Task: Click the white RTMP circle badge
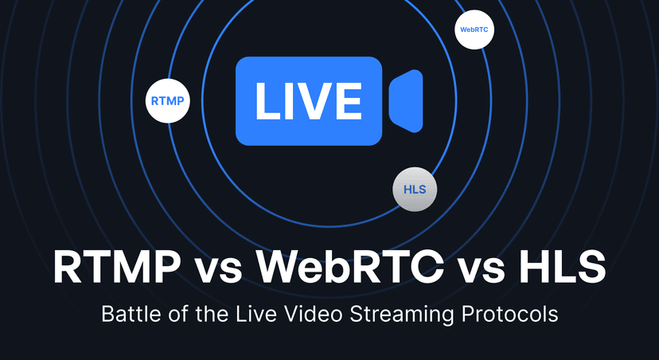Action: tap(167, 101)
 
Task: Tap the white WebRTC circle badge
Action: tap(474, 29)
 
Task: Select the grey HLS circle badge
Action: tap(415, 190)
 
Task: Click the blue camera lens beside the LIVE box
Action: tap(406, 101)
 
